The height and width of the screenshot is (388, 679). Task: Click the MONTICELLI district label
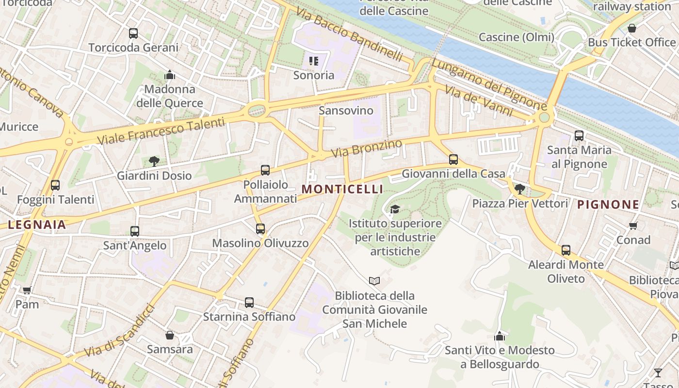pyautogui.click(x=342, y=189)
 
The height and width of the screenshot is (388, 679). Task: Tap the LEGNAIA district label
pyautogui.click(x=37, y=225)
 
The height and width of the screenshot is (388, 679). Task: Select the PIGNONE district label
pyautogui.click(x=608, y=205)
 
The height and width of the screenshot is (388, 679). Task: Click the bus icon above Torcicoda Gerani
pyautogui.click(x=133, y=33)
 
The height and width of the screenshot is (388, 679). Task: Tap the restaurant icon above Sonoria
pyautogui.click(x=314, y=61)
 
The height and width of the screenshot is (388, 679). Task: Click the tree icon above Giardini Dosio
pyautogui.click(x=154, y=161)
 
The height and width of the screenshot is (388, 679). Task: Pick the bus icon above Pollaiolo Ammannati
pyautogui.click(x=265, y=170)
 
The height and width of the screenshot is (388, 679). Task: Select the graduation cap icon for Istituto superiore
pyautogui.click(x=395, y=209)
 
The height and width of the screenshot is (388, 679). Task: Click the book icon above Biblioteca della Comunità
pyautogui.click(x=374, y=281)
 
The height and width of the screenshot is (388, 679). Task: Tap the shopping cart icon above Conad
pyautogui.click(x=633, y=226)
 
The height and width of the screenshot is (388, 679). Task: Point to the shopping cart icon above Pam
pyautogui.click(x=27, y=290)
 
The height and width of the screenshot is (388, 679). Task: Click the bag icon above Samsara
pyautogui.click(x=170, y=335)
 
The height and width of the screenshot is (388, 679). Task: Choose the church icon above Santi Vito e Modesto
pyautogui.click(x=500, y=336)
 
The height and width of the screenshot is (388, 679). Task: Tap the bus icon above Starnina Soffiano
pyautogui.click(x=249, y=303)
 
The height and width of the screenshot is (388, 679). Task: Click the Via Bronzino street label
pyautogui.click(x=367, y=148)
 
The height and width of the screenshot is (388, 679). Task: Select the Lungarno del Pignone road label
pyautogui.click(x=489, y=84)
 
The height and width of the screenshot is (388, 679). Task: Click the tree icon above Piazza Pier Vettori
pyautogui.click(x=520, y=189)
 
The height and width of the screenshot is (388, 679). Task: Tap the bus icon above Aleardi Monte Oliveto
pyautogui.click(x=566, y=250)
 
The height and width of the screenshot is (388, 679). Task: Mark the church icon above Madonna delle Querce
pyautogui.click(x=170, y=75)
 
